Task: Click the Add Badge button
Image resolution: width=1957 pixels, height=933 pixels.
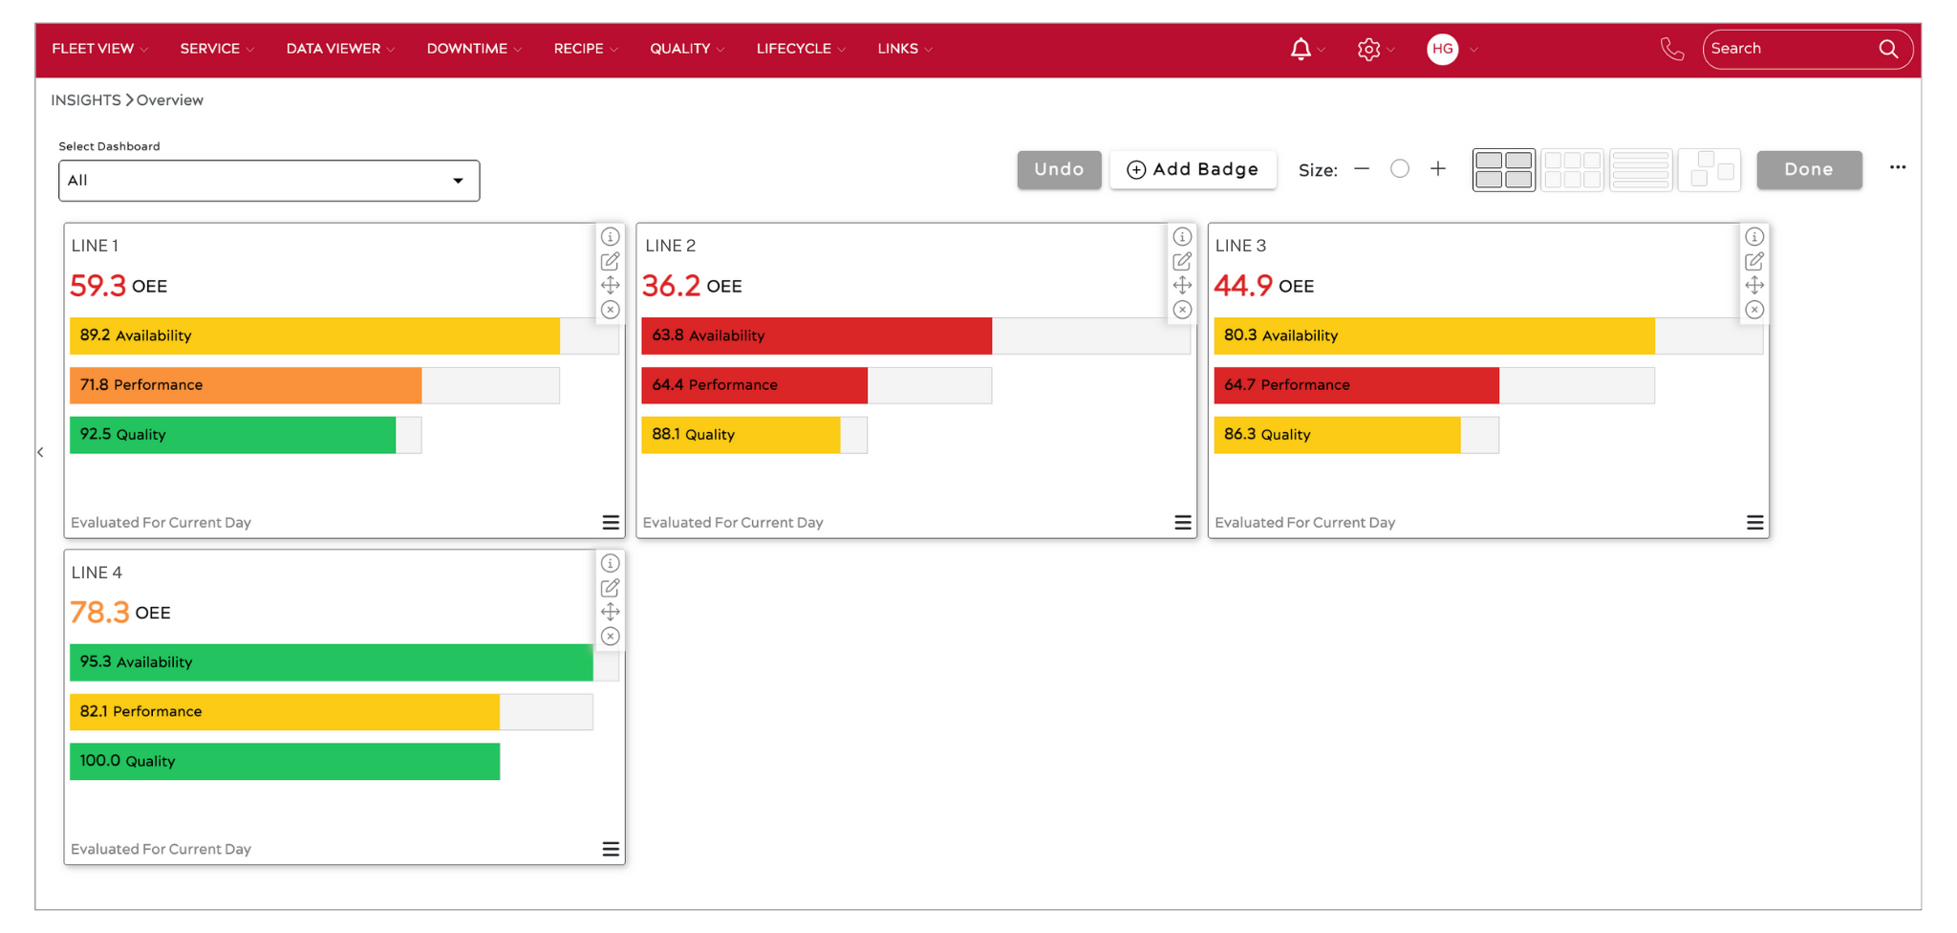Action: click(x=1193, y=170)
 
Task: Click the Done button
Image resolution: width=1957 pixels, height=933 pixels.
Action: click(x=1808, y=170)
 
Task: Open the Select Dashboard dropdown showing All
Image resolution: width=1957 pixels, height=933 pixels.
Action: click(x=269, y=181)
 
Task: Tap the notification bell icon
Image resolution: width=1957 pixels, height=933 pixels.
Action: click(x=1301, y=49)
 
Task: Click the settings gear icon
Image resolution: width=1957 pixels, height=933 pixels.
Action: click(x=1368, y=49)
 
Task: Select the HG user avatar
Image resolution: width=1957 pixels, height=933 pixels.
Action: click(x=1442, y=49)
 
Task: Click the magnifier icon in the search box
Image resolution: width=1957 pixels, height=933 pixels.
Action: click(x=1888, y=49)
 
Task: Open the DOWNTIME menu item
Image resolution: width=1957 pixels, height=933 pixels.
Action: click(x=467, y=49)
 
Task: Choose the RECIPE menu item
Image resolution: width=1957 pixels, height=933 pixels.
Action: click(x=579, y=49)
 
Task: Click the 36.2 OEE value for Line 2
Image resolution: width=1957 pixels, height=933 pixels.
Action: click(x=671, y=286)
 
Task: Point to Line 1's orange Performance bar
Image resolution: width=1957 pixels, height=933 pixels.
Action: click(x=246, y=385)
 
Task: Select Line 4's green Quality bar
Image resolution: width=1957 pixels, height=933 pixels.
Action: click(x=285, y=762)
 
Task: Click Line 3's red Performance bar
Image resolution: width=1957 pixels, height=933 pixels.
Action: click(x=1356, y=385)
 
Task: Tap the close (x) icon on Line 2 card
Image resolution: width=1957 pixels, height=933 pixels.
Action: click(x=1182, y=310)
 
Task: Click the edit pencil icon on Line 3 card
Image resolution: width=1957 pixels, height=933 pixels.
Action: click(x=1754, y=261)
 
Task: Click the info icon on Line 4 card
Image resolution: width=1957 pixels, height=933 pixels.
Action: click(x=610, y=563)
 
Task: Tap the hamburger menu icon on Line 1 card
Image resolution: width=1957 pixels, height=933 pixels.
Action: click(x=611, y=522)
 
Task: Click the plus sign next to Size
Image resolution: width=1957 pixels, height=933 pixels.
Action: click(x=1438, y=169)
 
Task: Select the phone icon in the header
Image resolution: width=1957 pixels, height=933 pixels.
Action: click(x=1672, y=49)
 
